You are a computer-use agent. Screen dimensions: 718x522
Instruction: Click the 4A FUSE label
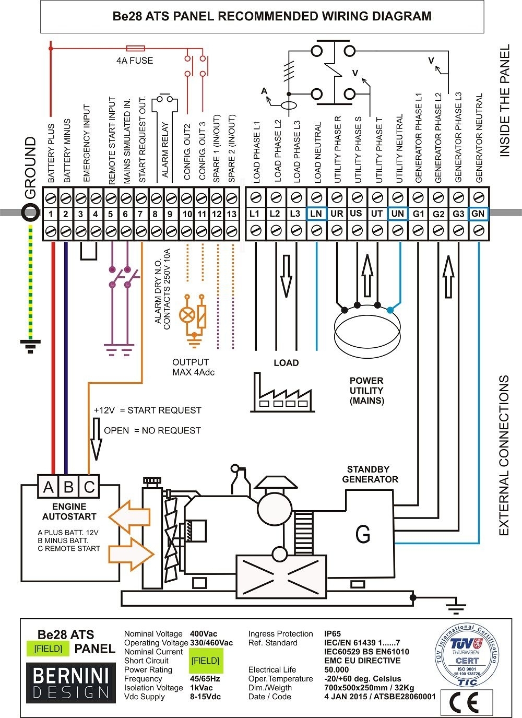[x=135, y=61]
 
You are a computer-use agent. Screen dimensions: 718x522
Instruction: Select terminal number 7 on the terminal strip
[x=140, y=214]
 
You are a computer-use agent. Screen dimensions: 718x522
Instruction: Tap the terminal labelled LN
[x=316, y=214]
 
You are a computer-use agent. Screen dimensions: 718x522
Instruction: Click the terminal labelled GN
[x=478, y=214]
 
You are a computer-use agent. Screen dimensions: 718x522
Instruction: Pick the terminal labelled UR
[x=337, y=214]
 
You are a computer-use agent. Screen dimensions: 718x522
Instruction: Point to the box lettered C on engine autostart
[x=89, y=487]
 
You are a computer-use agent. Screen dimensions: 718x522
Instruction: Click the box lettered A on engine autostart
[x=49, y=487]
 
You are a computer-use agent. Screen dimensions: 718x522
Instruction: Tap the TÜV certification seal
[x=466, y=655]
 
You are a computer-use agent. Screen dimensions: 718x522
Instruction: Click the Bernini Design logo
[x=70, y=682]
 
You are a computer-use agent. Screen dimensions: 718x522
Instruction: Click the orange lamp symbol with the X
[x=186, y=315]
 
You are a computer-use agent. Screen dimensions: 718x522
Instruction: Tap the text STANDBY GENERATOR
[x=370, y=474]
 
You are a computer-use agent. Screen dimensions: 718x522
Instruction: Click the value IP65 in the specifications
[x=333, y=634]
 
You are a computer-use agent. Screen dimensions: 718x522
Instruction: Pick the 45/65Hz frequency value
[x=205, y=679]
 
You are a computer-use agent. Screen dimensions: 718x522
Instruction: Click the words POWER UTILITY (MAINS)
[x=366, y=391]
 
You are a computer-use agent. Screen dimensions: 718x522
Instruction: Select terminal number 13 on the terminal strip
[x=231, y=214]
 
